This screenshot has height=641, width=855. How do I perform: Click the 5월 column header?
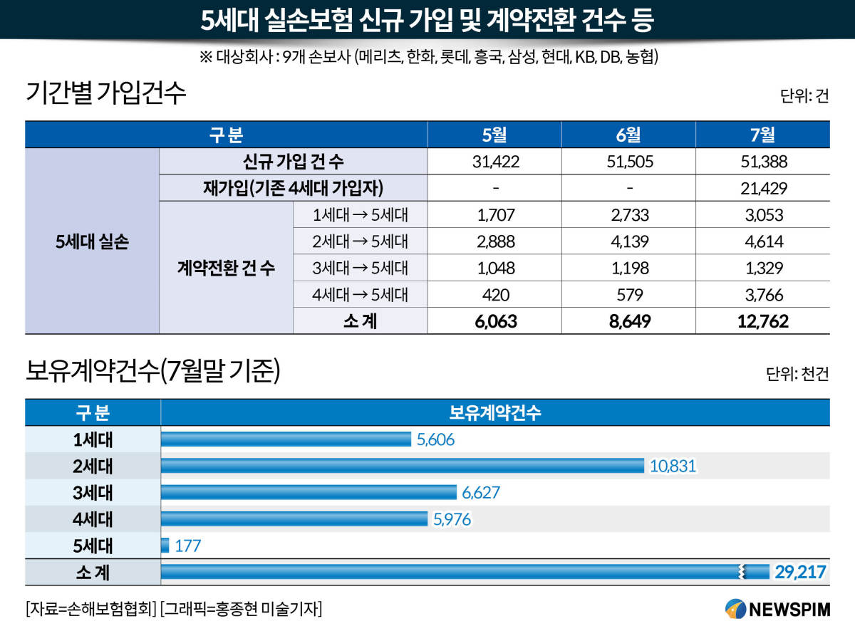[x=494, y=135]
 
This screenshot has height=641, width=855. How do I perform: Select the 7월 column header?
[x=762, y=135]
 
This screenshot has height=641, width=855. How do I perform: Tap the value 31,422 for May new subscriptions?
[x=495, y=162]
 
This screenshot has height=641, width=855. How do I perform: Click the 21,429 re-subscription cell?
[x=764, y=188]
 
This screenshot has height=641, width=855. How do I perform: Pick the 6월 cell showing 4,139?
[x=629, y=241]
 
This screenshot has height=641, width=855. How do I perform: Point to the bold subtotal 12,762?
[x=763, y=321]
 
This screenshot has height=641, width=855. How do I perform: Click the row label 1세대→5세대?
[x=360, y=215]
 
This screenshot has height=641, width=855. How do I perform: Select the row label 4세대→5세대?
[x=360, y=295]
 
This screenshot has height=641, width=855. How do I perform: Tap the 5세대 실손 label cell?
[x=92, y=241]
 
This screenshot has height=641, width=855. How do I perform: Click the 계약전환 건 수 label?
[x=226, y=268]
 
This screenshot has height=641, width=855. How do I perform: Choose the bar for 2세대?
[x=403, y=466]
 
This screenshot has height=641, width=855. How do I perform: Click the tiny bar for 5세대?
[x=165, y=546]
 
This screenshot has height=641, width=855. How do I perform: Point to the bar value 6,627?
[x=481, y=493]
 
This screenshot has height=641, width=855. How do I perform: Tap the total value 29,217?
[x=800, y=572]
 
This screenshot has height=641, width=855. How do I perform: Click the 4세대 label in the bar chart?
[x=93, y=519]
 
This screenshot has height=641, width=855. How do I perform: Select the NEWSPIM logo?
[x=777, y=609]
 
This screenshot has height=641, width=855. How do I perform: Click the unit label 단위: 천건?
[x=797, y=374]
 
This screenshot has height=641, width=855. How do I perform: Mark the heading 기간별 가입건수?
[x=105, y=93]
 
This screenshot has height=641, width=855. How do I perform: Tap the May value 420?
[x=495, y=295]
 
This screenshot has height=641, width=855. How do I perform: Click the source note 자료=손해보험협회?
[x=91, y=609]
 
